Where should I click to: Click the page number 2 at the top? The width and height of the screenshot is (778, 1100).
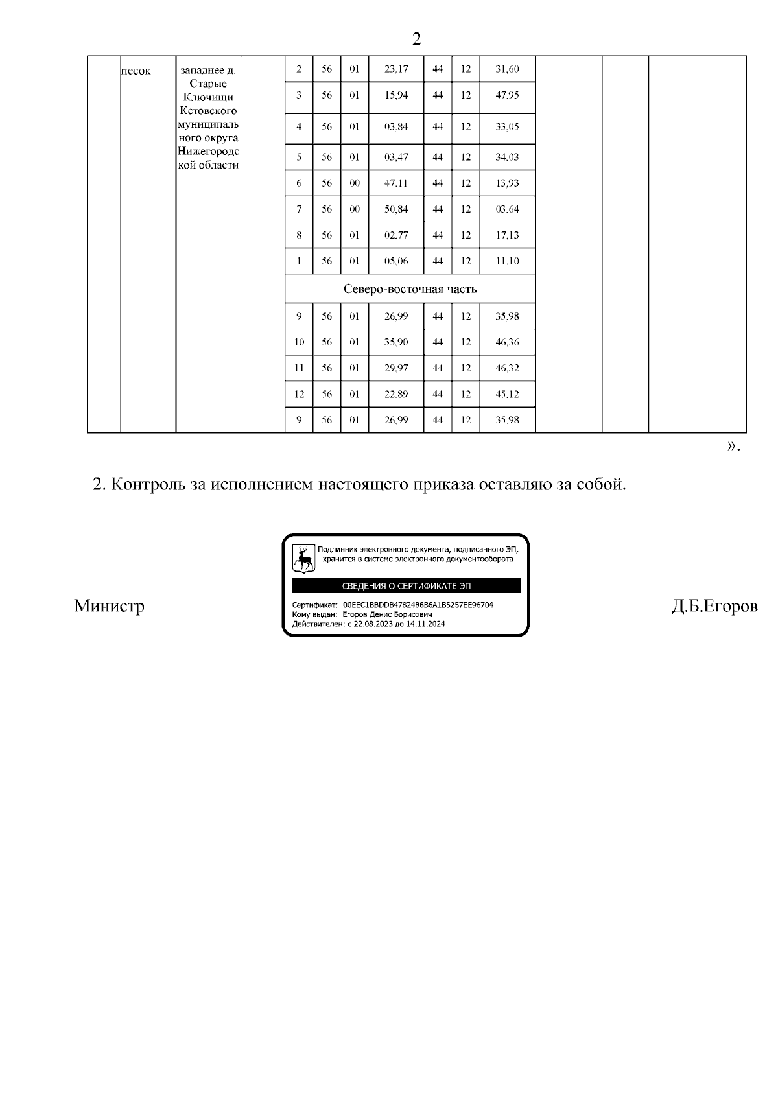click(416, 40)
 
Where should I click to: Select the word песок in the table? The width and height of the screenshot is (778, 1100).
click(136, 71)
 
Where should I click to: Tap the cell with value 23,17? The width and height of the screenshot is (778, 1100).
click(395, 69)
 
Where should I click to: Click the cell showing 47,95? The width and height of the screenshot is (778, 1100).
click(507, 95)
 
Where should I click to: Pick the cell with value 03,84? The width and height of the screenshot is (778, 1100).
click(395, 127)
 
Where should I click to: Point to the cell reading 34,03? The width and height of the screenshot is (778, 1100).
click(507, 157)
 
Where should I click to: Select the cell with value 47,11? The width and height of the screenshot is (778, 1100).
click(395, 183)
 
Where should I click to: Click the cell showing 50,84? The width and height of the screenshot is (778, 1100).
click(395, 209)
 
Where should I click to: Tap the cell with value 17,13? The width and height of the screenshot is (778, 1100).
click(507, 235)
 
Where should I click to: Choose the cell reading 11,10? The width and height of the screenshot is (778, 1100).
click(507, 261)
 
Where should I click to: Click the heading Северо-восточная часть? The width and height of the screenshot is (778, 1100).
click(410, 289)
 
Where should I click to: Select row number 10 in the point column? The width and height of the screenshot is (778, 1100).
click(299, 342)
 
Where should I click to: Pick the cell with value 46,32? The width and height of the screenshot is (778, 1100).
click(507, 368)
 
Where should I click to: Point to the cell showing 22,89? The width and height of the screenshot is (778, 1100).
click(395, 394)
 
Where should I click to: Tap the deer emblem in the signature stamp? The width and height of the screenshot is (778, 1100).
click(303, 557)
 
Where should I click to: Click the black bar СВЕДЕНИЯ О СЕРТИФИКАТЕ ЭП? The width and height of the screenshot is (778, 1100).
click(407, 586)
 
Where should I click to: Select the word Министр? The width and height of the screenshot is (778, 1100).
click(109, 606)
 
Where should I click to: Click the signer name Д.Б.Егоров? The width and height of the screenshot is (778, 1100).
click(714, 606)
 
